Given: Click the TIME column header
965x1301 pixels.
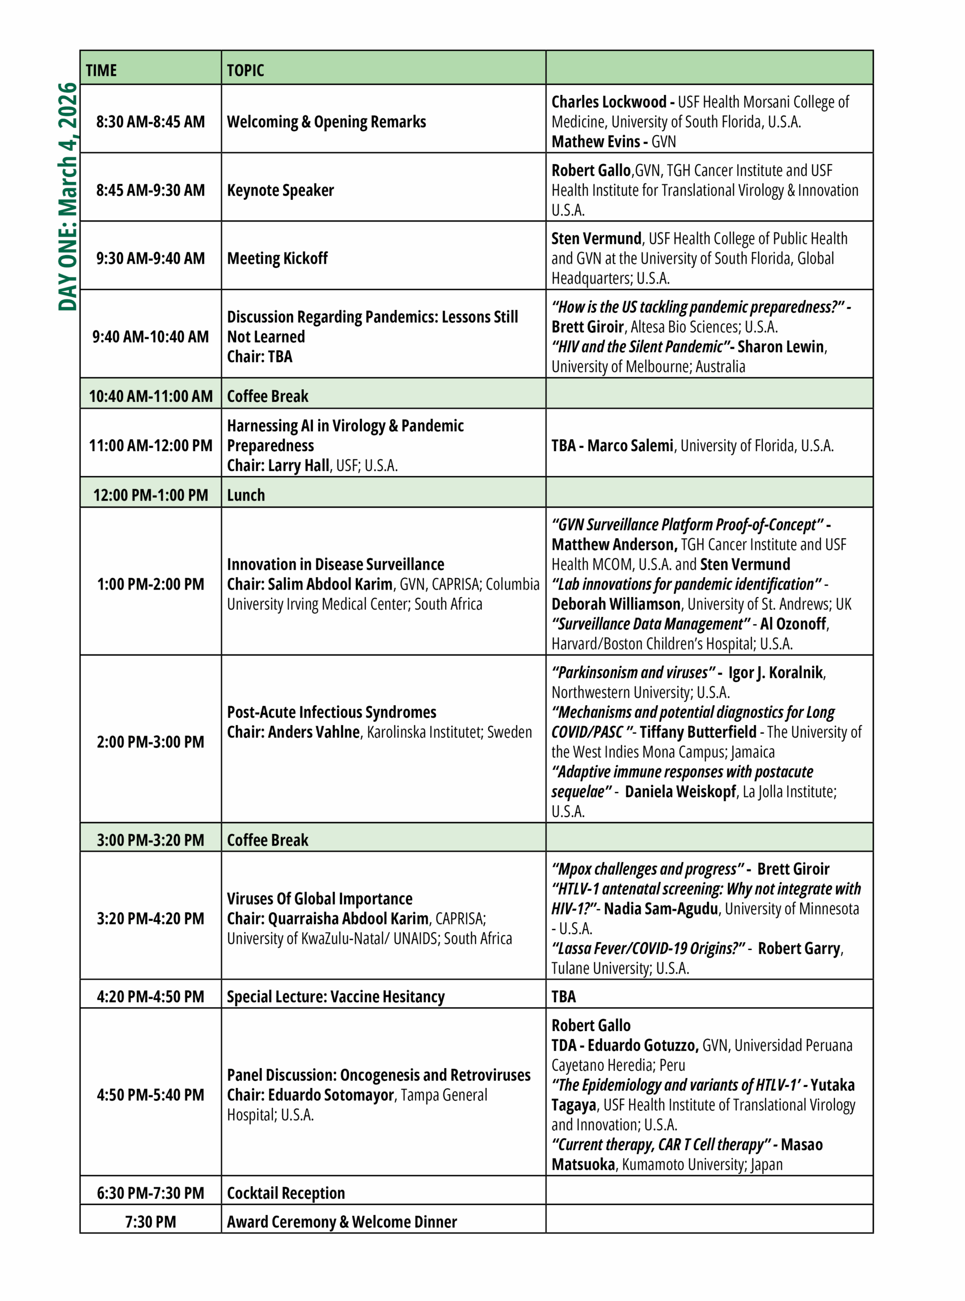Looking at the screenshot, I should click(x=101, y=71).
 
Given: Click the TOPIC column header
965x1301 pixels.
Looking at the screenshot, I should click(x=245, y=71).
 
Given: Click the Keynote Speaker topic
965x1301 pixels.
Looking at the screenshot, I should click(x=281, y=191).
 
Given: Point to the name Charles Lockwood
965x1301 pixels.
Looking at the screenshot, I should click(x=608, y=102).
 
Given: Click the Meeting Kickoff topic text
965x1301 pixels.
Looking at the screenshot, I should click(x=277, y=258).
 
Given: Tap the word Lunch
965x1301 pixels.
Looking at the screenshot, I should click(x=246, y=495).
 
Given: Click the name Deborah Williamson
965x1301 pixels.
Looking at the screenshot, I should click(x=616, y=604).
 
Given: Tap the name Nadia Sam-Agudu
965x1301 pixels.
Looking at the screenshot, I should click(x=661, y=909).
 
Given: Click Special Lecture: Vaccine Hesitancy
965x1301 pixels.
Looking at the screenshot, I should click(x=335, y=997).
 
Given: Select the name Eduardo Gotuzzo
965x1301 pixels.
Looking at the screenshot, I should click(x=642, y=1046).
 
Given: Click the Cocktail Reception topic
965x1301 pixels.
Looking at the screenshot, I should click(x=286, y=1193).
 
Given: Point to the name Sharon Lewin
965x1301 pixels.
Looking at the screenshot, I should click(x=781, y=347).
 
